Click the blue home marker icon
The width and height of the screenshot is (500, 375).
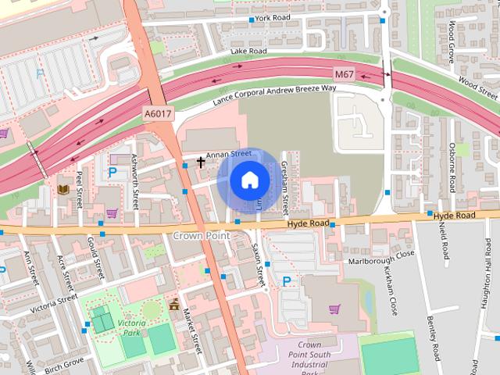pyautogui.click(x=248, y=180)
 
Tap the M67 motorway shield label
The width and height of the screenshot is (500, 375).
pyautogui.click(x=344, y=74)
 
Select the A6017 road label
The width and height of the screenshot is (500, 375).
pyautogui.click(x=158, y=114)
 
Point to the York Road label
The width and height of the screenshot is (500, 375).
pyautogui.click(x=272, y=17)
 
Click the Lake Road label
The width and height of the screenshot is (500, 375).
pyautogui.click(x=248, y=52)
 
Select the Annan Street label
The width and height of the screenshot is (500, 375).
pyautogui.click(x=229, y=155)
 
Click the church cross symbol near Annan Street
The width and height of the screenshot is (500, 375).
pyautogui.click(x=201, y=162)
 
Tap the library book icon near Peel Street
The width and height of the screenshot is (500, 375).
pyautogui.click(x=63, y=189)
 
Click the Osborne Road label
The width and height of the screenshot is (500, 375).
pyautogui.click(x=452, y=167)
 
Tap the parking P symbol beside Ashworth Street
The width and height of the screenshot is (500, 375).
pyautogui.click(x=112, y=171)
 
